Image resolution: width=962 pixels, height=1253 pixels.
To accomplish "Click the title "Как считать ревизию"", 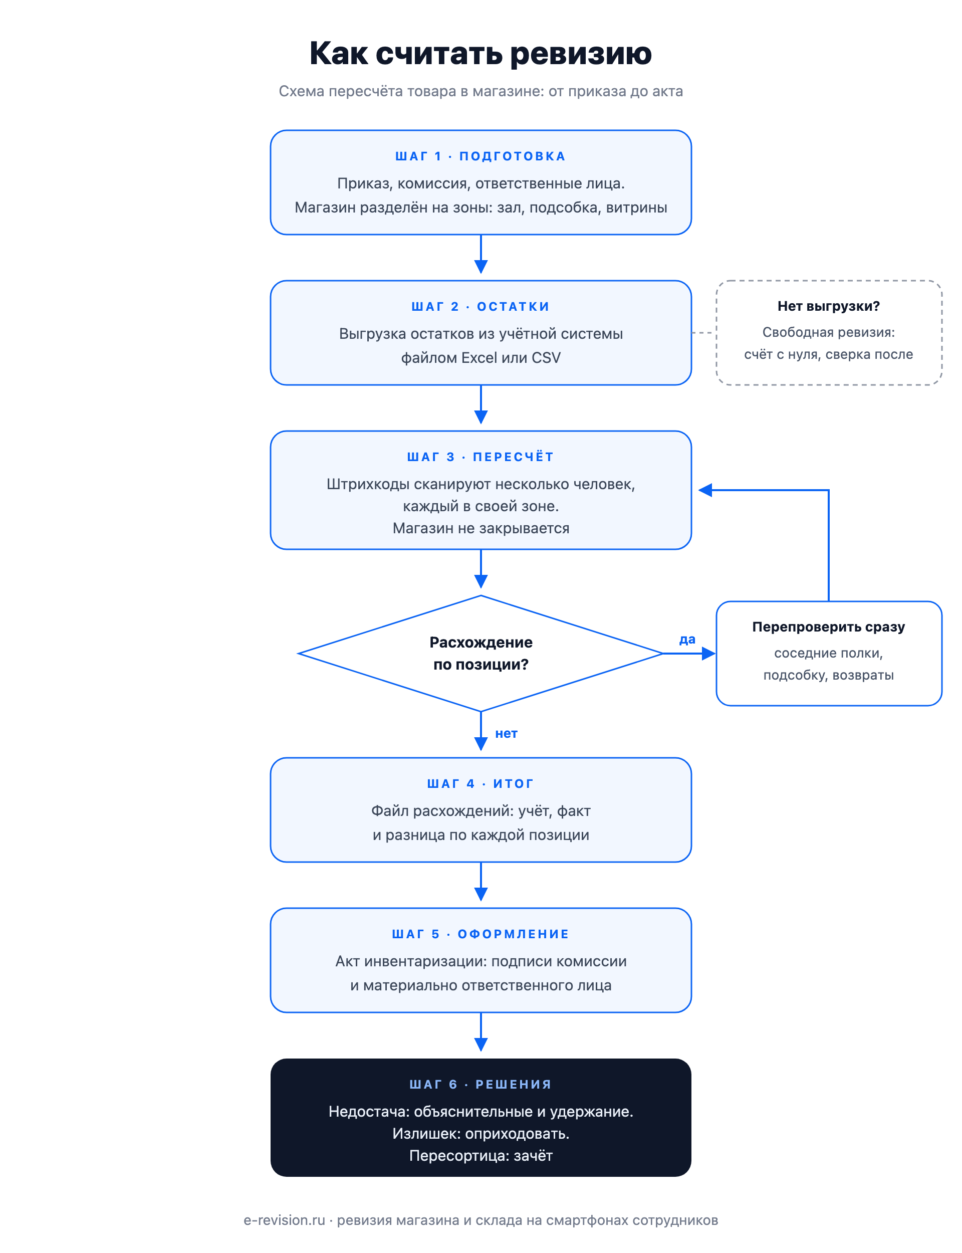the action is (480, 53).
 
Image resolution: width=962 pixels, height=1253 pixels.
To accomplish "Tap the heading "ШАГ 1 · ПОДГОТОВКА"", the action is (480, 156).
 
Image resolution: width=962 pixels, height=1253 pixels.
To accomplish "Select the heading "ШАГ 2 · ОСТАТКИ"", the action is (480, 306).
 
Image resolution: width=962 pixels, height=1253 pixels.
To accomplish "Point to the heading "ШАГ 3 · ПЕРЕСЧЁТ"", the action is (480, 457).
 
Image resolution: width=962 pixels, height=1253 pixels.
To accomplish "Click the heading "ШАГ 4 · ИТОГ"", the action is (480, 783).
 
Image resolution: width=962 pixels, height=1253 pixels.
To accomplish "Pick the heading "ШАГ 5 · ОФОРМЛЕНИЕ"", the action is (480, 934).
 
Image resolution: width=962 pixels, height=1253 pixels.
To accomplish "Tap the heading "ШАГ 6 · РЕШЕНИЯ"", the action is (480, 1084).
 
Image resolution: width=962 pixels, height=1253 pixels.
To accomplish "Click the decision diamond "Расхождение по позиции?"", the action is (480, 654).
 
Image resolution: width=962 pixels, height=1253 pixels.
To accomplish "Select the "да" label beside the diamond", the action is (687, 640).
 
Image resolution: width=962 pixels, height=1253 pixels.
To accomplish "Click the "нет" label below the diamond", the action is (506, 734).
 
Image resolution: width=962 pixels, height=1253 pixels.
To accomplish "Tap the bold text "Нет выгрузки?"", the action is (829, 306).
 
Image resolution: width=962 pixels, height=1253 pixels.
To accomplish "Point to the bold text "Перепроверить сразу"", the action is (829, 627).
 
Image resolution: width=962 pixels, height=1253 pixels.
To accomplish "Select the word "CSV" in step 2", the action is (546, 358).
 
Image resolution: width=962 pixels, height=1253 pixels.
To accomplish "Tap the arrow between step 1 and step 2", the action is (481, 254).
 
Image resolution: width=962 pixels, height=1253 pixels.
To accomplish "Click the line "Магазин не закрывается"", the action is (480, 528).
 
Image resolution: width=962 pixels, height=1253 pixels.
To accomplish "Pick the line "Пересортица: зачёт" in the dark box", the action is (480, 1156).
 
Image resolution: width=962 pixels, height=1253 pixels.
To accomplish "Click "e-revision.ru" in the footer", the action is (284, 1220).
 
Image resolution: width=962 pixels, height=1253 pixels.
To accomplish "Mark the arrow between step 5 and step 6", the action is (481, 1032).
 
